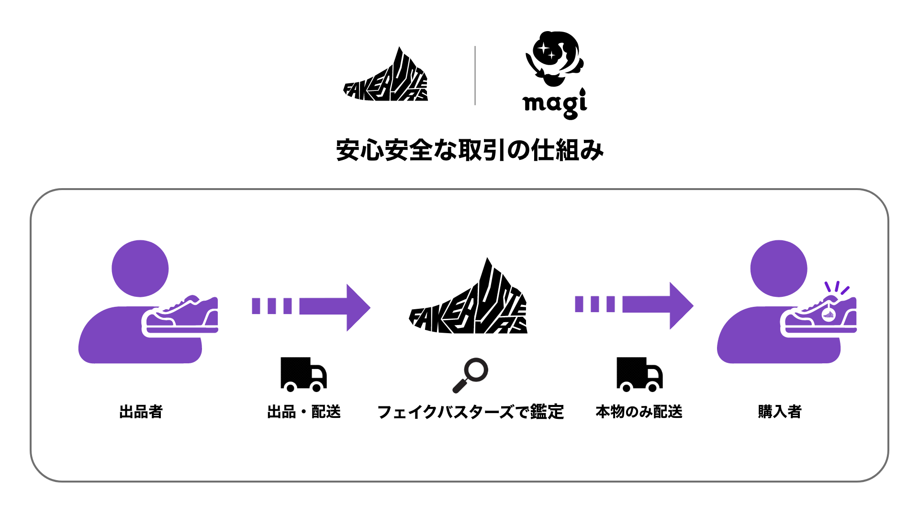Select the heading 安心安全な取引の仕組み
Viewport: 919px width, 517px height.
(470, 150)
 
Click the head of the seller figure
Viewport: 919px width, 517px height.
(140, 269)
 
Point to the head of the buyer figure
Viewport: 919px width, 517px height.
(778, 269)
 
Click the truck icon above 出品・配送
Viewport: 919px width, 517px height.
(303, 374)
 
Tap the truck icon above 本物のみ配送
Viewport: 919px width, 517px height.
(639, 374)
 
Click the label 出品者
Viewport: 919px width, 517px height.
(141, 412)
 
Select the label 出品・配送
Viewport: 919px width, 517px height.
(304, 412)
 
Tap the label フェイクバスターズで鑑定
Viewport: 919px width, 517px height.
(471, 412)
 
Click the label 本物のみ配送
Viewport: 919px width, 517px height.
(639, 412)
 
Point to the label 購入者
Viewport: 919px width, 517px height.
(780, 412)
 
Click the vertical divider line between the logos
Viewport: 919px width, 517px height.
(475, 76)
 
